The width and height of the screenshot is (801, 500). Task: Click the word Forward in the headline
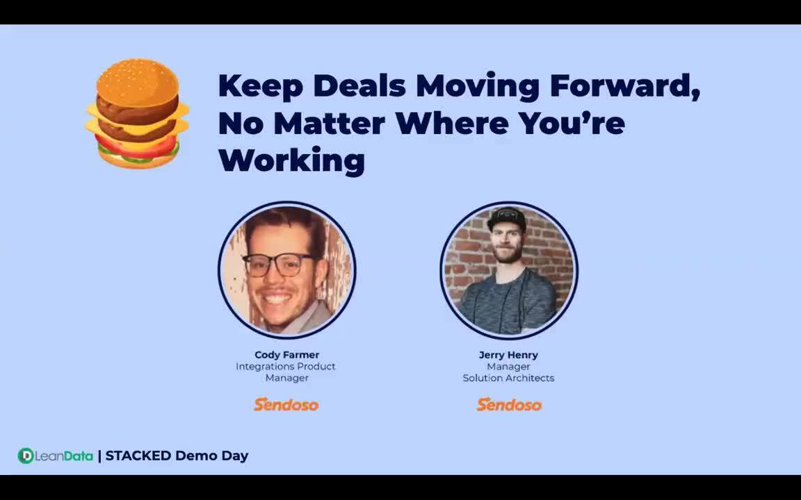point(624,85)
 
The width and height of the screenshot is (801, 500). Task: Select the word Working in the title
point(291,160)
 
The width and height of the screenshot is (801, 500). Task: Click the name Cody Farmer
point(286,355)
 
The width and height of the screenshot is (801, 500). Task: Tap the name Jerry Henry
point(508,355)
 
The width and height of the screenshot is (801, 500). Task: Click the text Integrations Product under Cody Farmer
point(286,367)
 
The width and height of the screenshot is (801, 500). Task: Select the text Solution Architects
point(508,378)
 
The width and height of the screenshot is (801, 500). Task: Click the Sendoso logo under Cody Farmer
point(286,404)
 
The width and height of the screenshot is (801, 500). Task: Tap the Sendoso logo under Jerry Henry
point(509,404)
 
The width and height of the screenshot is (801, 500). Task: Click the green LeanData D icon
point(26,456)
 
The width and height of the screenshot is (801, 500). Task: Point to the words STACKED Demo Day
point(177,456)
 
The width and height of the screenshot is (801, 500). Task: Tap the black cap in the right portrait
point(506,217)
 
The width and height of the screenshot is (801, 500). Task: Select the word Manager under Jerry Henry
point(508,367)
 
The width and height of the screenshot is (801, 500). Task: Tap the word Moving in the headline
point(478,85)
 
